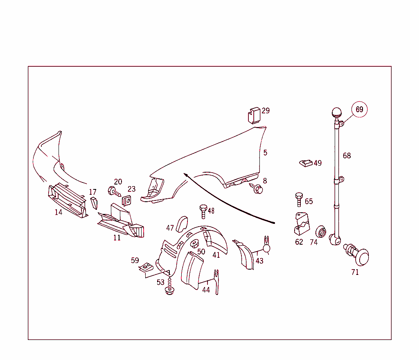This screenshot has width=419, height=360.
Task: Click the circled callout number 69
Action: [359, 109]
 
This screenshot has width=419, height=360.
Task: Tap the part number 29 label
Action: [266, 110]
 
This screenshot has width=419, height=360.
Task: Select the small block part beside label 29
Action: [254, 116]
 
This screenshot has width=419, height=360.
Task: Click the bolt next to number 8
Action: [256, 188]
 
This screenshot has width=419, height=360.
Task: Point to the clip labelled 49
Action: [306, 163]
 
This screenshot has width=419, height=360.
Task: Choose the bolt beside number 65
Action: [299, 199]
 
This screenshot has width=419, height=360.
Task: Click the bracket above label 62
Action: [302, 223]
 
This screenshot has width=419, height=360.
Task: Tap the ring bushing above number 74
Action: [321, 231]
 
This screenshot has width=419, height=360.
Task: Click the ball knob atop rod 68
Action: [337, 112]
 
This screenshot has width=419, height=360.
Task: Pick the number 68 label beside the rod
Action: [347, 155]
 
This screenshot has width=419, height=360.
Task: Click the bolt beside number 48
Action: [203, 211]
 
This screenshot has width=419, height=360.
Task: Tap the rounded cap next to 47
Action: [182, 224]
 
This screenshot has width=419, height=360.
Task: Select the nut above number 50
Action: [194, 243]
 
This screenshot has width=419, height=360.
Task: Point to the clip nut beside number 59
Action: [146, 267]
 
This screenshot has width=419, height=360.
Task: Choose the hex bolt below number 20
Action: [115, 191]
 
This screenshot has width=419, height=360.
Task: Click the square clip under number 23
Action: [127, 200]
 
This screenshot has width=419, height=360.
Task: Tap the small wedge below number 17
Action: [94, 203]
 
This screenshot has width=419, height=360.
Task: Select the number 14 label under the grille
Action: [59, 212]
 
